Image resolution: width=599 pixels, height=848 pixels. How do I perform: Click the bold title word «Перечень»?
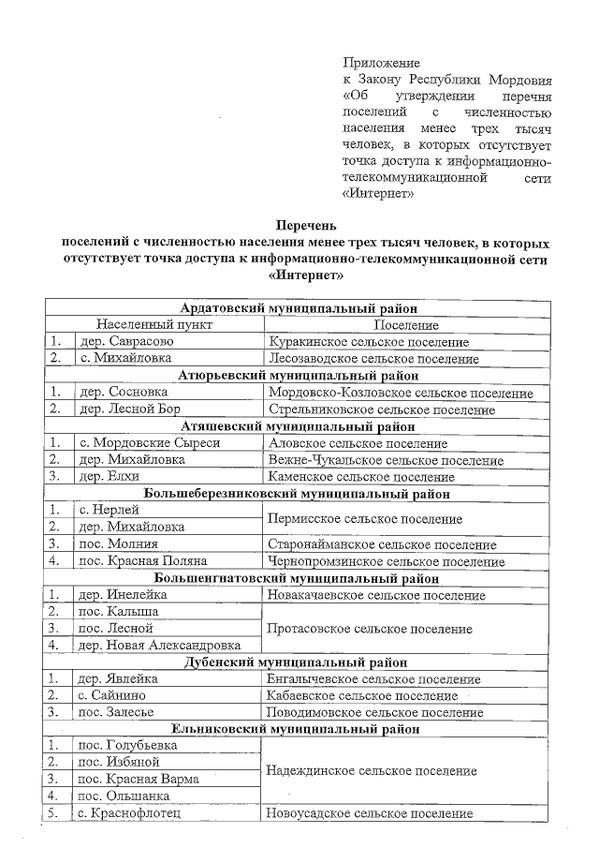[x=299, y=225]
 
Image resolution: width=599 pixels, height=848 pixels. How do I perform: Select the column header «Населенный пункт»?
[x=153, y=324]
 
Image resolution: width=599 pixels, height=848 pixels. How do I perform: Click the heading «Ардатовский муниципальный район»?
[x=299, y=307]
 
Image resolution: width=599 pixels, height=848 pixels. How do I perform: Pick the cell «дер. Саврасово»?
[x=125, y=341]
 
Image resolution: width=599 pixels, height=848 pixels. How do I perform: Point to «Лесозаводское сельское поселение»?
[x=373, y=358]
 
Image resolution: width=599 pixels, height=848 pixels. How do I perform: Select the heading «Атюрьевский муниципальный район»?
[x=299, y=375]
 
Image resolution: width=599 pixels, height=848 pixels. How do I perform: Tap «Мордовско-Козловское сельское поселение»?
[x=401, y=393]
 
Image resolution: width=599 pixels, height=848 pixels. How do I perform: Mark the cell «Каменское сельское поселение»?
[x=361, y=477]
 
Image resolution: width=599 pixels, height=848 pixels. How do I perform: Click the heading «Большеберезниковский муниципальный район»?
[x=299, y=493]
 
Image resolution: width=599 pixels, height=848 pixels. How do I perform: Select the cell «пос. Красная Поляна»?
[x=141, y=561]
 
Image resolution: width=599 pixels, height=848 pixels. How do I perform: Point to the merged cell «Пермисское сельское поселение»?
[x=364, y=518]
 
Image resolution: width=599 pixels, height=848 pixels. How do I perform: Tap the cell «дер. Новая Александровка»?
[x=159, y=645]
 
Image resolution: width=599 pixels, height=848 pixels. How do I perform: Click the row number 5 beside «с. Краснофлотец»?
[x=56, y=813]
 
